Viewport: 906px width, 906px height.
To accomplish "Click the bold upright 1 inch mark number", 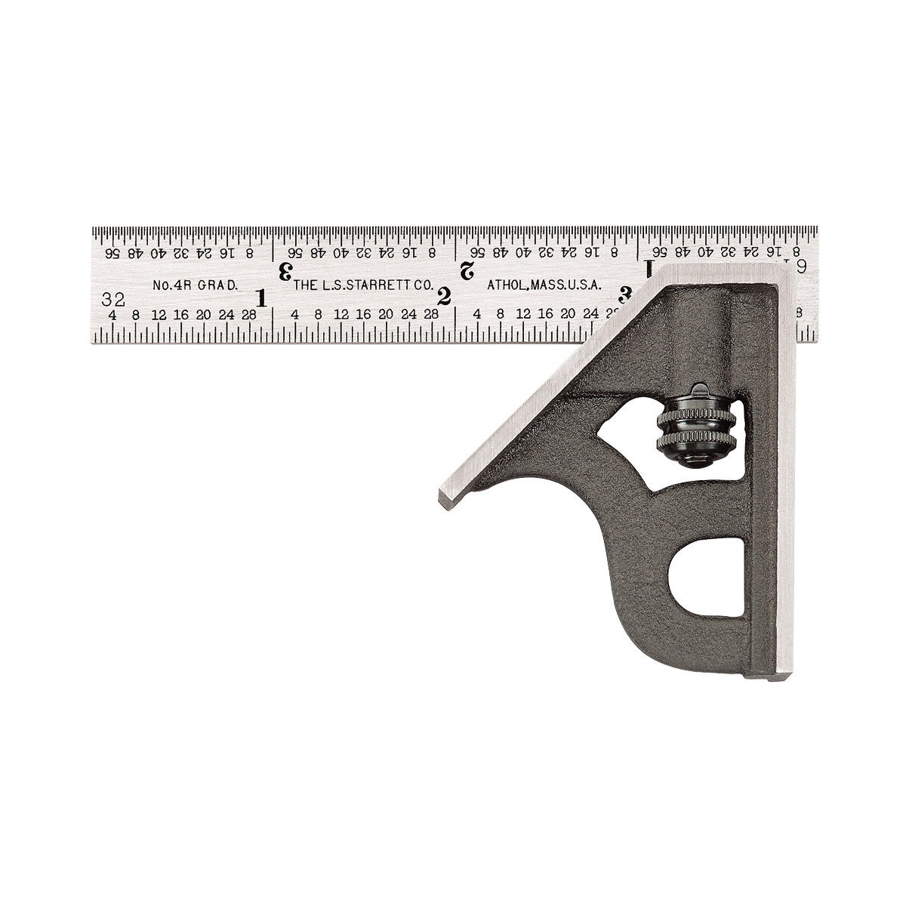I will pyautogui.click(x=261, y=297).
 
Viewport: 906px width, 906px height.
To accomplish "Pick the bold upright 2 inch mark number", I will pyautogui.click(x=445, y=297).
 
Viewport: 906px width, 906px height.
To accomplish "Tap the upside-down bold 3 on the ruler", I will pyautogui.click(x=285, y=270).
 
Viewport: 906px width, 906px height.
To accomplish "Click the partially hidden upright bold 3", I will pyautogui.click(x=625, y=293).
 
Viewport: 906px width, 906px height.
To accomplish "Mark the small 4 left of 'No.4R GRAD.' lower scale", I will pyautogui.click(x=112, y=314).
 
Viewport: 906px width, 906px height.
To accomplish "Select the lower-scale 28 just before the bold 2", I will pyautogui.click(x=432, y=314).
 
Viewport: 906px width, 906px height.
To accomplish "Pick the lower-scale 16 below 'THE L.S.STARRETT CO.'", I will pyautogui.click(x=363, y=314).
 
